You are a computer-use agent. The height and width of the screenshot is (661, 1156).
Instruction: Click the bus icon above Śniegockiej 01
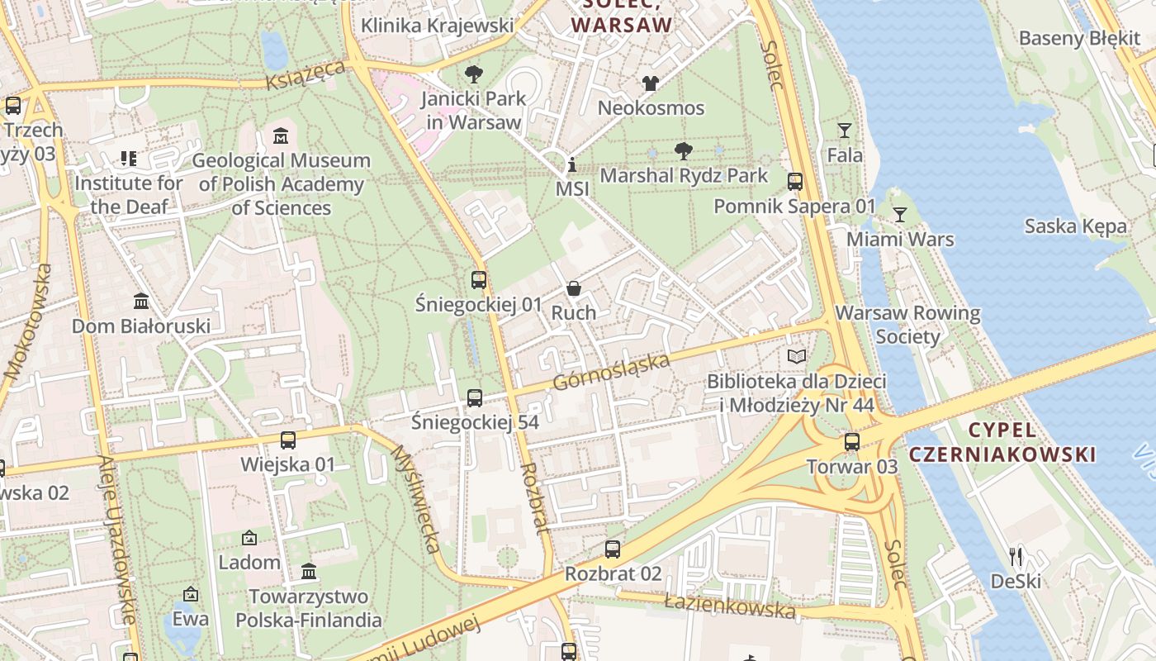[x=479, y=279]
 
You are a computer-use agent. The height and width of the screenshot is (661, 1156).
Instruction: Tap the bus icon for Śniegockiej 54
[x=475, y=398]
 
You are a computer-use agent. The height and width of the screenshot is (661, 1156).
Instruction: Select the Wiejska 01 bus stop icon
[x=288, y=440]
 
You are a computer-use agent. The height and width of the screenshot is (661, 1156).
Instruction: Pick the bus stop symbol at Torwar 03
[x=852, y=442]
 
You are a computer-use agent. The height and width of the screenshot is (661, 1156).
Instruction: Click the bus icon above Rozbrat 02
[x=613, y=549]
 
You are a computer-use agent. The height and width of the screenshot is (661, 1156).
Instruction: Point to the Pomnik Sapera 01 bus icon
[x=795, y=182]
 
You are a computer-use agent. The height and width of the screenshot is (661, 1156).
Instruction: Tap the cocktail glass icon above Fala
[x=845, y=131]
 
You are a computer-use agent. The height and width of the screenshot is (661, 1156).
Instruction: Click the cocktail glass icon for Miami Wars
[x=900, y=215]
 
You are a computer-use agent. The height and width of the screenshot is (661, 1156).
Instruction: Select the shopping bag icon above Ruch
[x=574, y=288]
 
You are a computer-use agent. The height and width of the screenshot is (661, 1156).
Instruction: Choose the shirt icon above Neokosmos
[x=651, y=83]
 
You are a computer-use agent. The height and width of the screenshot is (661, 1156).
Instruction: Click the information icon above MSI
[x=571, y=164]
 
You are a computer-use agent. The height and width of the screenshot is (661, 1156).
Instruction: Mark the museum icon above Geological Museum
[x=281, y=136]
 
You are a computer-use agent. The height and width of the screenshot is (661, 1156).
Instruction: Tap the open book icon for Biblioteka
[x=796, y=357]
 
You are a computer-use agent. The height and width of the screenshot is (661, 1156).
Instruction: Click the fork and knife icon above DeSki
[x=1016, y=557]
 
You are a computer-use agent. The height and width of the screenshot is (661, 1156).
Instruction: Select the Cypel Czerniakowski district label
[x=1002, y=442]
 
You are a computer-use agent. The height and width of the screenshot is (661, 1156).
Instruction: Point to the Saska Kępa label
[x=1075, y=226]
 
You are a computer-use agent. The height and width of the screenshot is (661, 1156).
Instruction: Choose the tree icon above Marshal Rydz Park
[x=684, y=151]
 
